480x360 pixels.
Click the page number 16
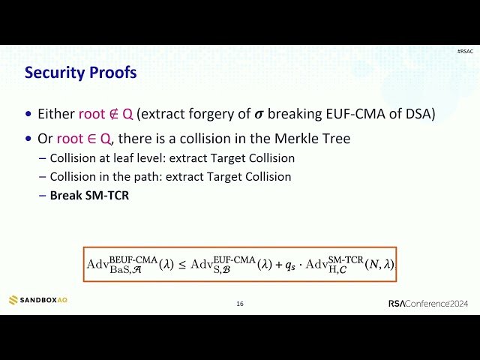click(240, 304)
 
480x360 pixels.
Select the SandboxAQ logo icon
click(13, 300)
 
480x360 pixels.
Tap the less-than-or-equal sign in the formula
click(182, 264)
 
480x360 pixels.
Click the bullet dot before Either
click(29, 115)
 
